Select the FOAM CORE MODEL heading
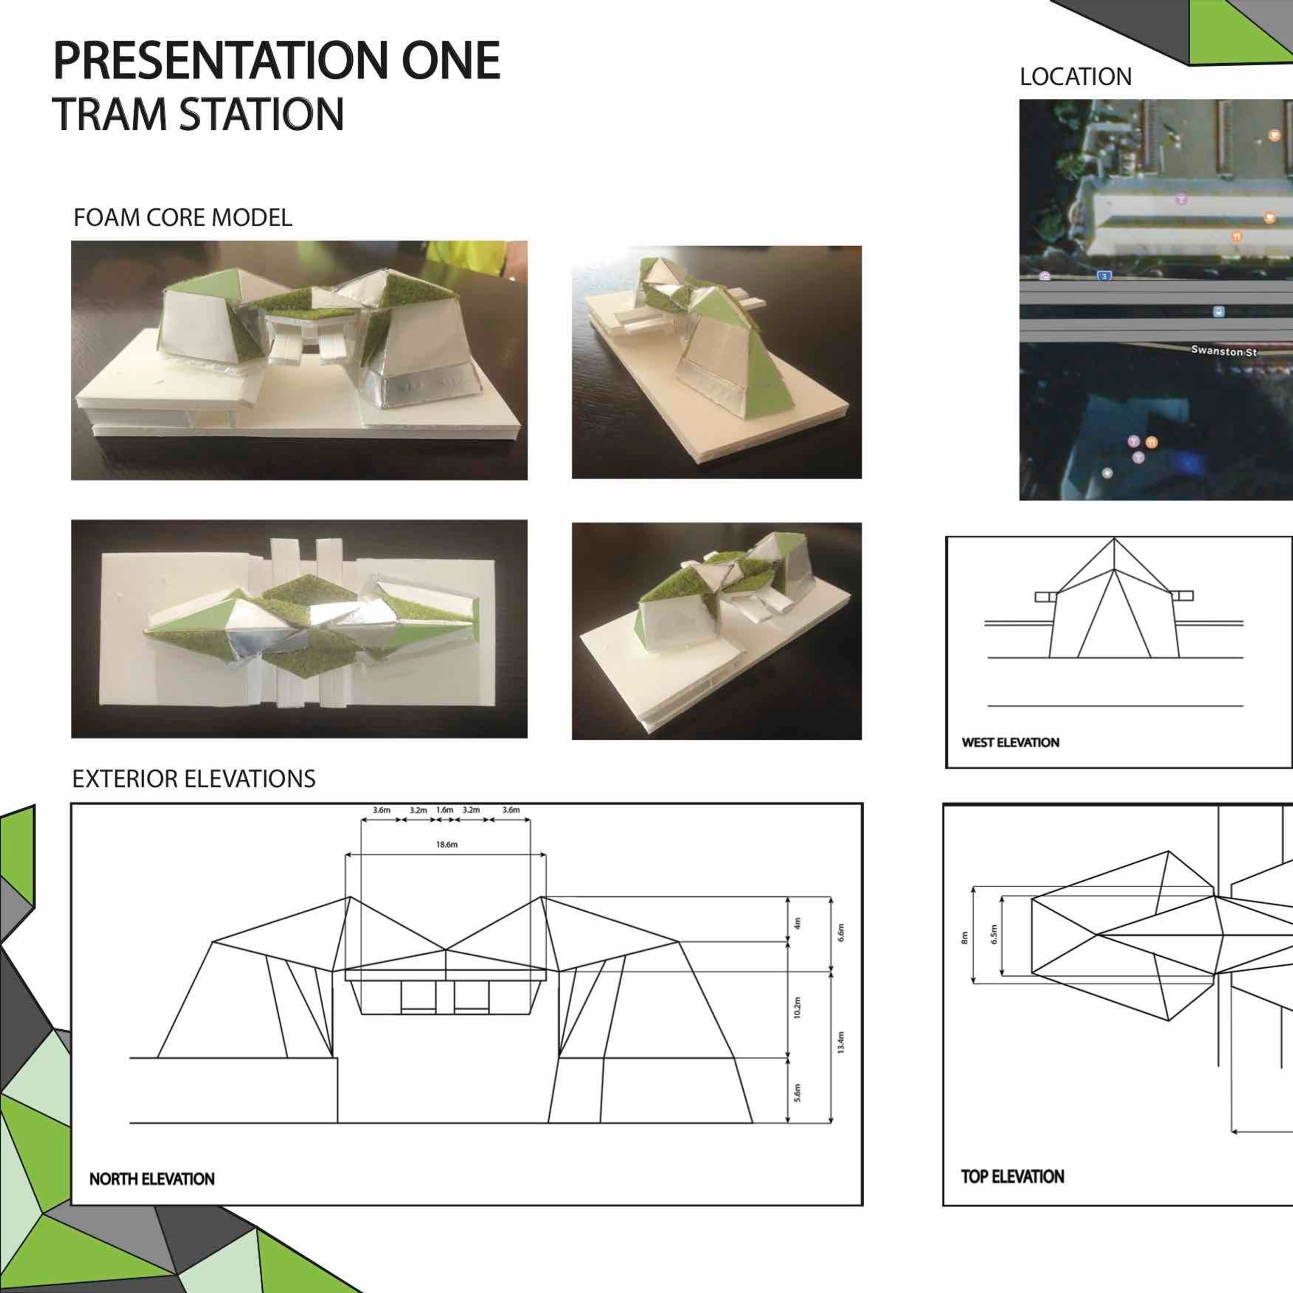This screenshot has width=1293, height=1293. click(183, 218)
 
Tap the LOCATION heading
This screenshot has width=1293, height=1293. click(1075, 77)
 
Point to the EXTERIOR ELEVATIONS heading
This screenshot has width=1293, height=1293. click(194, 779)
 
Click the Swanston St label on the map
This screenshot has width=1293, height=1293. click(1224, 351)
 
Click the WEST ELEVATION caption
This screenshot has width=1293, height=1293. click(1011, 742)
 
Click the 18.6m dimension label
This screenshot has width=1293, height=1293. click(446, 845)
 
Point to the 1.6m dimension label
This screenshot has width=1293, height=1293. click(444, 810)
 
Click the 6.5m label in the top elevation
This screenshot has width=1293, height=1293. click(994, 934)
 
